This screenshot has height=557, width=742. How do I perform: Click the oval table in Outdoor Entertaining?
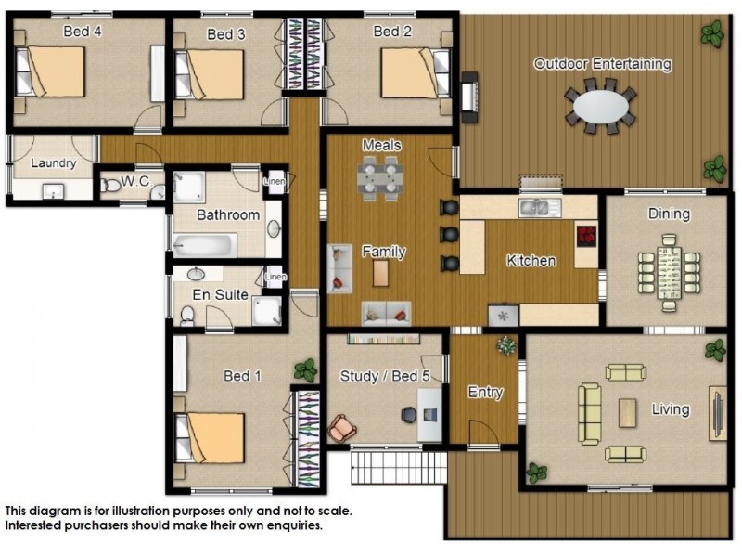coord(601,107)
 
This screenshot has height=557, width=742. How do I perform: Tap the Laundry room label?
coord(54,163)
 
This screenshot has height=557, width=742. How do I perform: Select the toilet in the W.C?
coord(110,185)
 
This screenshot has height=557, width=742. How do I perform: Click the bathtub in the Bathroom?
coord(205,245)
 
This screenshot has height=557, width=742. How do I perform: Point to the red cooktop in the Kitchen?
coord(587,236)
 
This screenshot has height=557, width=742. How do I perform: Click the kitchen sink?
coord(540,207)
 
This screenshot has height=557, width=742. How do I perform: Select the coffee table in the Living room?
coord(628,413)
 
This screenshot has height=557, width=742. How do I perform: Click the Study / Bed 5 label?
coord(385,376)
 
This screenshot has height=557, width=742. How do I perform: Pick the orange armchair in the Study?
coord(342,428)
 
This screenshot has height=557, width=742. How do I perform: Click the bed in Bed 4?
coord(51,71)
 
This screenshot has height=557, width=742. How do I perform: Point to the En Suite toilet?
coord(187,315)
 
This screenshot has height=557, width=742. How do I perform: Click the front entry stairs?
coord(399,467)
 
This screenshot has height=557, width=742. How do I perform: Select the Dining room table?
coord(669,273)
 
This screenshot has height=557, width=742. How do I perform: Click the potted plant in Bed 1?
coord(306,369)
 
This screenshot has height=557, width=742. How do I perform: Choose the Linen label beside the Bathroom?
coord(275,181)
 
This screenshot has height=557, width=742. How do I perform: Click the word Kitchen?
coord(531,261)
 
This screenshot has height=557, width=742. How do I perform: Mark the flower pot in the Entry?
coord(506,345)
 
